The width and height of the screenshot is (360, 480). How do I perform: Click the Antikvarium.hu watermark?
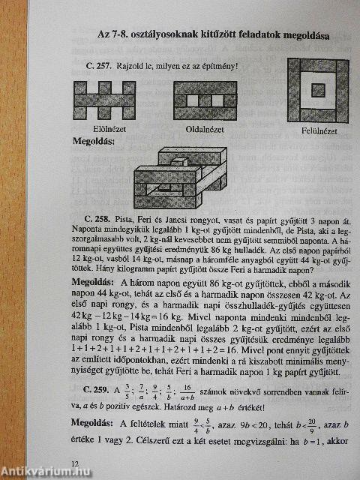click(37, 470)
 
